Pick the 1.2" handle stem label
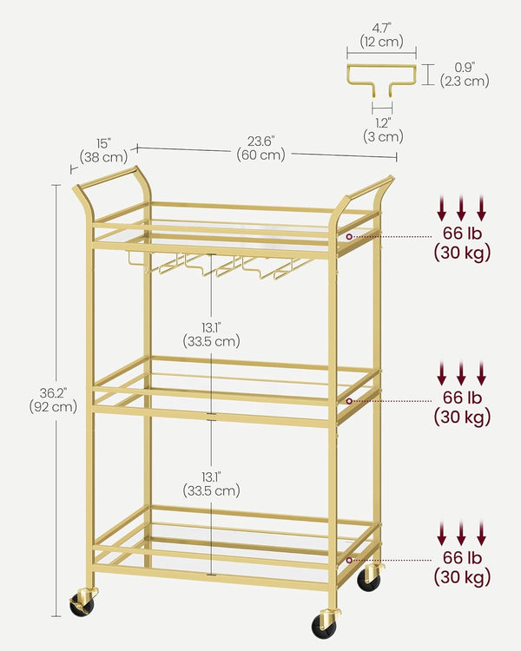382,128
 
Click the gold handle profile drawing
382,75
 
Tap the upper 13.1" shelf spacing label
211,333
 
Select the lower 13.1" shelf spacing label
211,483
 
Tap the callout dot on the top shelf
349,236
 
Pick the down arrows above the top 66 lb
461,207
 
